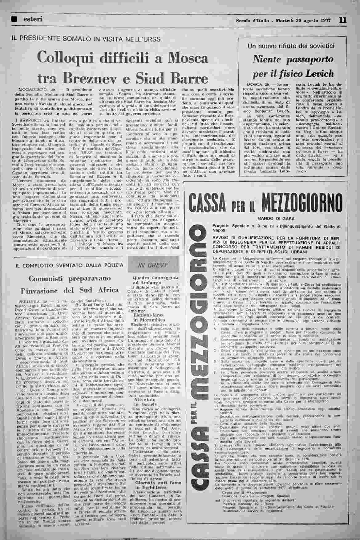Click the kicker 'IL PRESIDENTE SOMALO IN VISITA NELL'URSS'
86,39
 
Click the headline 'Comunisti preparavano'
70,279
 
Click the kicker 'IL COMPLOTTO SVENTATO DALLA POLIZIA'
68,265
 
